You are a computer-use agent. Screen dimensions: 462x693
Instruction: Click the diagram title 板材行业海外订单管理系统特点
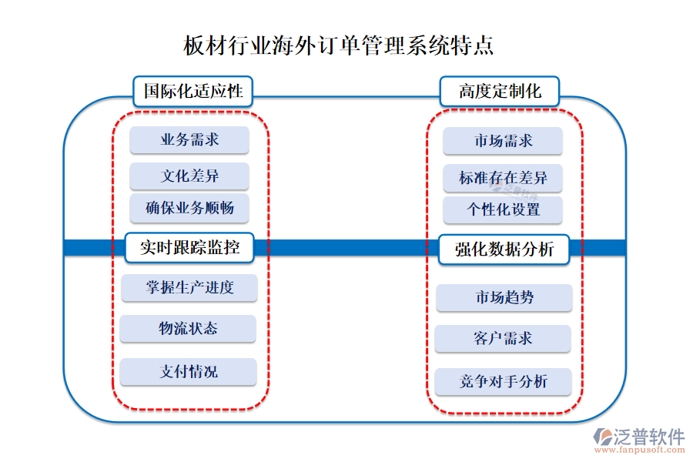[339, 45]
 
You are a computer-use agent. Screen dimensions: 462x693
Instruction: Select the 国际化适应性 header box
[192, 91]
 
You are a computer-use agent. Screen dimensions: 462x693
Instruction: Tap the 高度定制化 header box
[499, 91]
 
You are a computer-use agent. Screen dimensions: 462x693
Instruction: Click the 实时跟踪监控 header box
[189, 248]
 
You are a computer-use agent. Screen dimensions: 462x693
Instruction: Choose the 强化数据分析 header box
[504, 249]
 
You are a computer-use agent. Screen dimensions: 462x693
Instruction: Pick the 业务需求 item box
[189, 139]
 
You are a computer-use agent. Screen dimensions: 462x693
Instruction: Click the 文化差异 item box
[189, 176]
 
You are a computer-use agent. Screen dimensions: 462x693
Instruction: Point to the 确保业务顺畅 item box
[189, 208]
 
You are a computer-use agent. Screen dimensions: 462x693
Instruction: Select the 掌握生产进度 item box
[189, 288]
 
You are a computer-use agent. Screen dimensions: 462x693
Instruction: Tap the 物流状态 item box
[188, 329]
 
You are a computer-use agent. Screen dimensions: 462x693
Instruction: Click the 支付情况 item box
[188, 371]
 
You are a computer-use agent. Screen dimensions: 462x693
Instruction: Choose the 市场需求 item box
[503, 141]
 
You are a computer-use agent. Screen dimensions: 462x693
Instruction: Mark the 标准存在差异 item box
[503, 178]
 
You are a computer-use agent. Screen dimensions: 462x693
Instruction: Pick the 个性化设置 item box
[503, 209]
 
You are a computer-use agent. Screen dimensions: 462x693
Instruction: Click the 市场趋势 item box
[504, 297]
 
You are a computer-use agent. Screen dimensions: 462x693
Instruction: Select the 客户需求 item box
[503, 338]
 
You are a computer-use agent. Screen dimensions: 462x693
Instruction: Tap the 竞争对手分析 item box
[503, 381]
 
